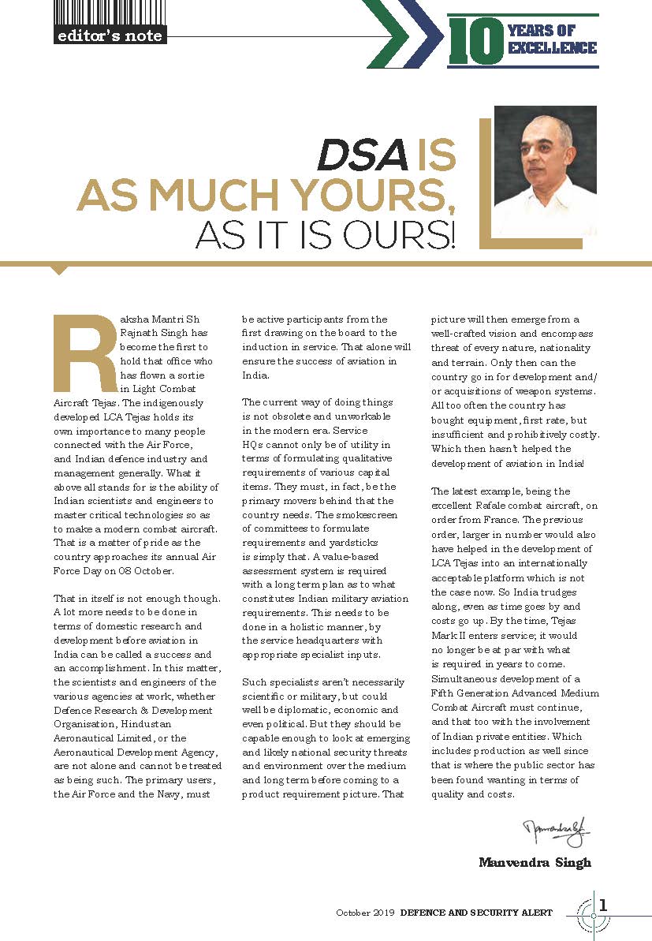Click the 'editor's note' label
click(x=109, y=35)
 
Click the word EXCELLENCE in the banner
click(x=552, y=49)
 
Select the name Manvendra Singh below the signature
click(x=535, y=862)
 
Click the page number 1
click(x=604, y=906)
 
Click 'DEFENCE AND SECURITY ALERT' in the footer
click(x=476, y=913)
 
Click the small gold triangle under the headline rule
click(x=59, y=270)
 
